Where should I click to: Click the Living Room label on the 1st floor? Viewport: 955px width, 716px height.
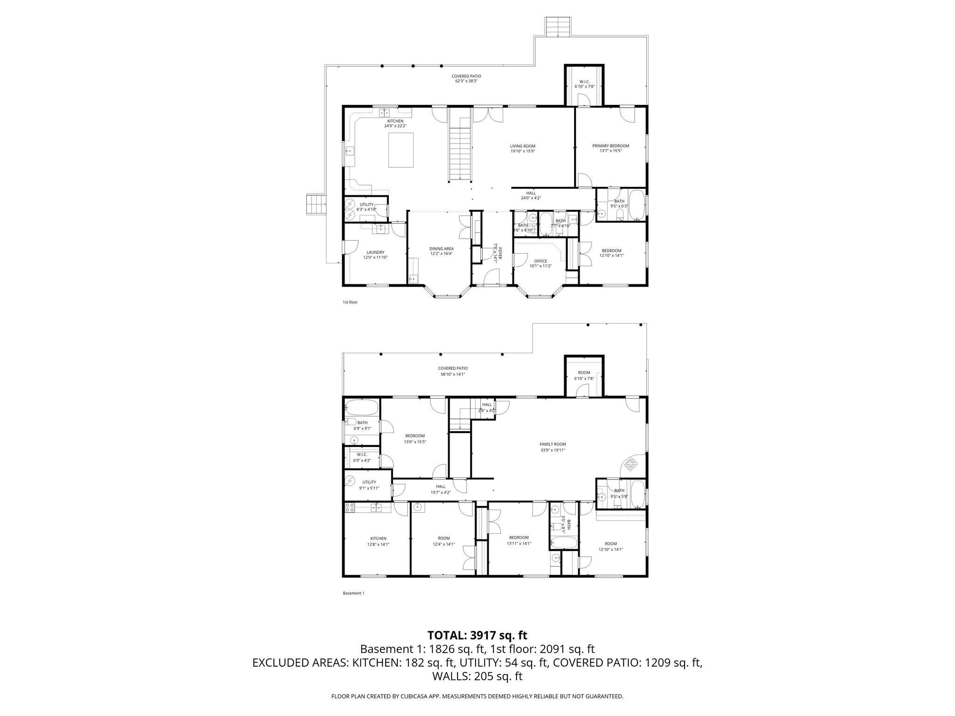click(x=522, y=148)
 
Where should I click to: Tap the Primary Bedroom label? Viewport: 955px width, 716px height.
click(x=610, y=148)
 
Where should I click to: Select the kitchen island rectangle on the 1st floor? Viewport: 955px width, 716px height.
click(x=401, y=150)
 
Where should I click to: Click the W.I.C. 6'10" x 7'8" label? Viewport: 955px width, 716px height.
click(x=584, y=84)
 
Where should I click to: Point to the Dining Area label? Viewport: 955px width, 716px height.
click(x=441, y=251)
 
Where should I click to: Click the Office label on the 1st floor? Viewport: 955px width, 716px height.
click(x=540, y=263)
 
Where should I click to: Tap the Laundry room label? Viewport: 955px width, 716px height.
click(x=375, y=255)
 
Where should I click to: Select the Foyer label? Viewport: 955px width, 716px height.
click(x=498, y=252)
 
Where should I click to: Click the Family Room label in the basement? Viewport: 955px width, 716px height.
click(x=553, y=447)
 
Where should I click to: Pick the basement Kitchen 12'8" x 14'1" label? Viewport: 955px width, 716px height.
click(x=378, y=541)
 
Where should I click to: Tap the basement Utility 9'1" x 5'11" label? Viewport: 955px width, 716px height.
click(x=368, y=485)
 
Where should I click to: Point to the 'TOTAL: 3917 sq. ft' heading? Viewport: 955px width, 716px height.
click(x=477, y=635)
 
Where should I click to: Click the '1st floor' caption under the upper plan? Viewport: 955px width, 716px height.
click(x=350, y=302)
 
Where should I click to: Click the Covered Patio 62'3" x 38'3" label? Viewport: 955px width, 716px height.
click(x=466, y=78)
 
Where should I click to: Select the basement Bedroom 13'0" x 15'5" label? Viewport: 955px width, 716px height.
click(x=415, y=439)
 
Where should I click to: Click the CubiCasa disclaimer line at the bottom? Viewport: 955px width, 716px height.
click(x=477, y=696)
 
